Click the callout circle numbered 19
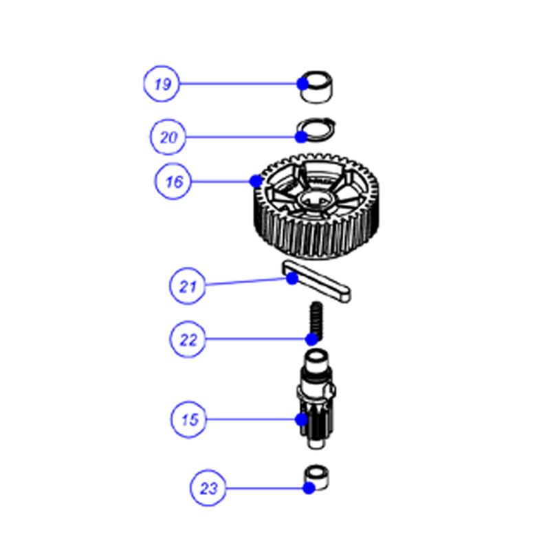click(x=162, y=84)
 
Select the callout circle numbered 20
click(x=168, y=137)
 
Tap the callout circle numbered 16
click(x=173, y=181)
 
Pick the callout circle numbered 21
click(x=187, y=286)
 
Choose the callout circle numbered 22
click(x=188, y=339)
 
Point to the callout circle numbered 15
click(x=189, y=419)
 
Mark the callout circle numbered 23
click(x=208, y=488)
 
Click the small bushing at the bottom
click(x=316, y=477)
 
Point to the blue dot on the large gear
click(x=256, y=181)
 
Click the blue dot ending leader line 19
click(x=302, y=84)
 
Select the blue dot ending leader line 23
click(x=309, y=488)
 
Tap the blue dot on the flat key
click(x=292, y=278)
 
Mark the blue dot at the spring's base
click(x=312, y=339)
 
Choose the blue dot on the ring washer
click(x=301, y=137)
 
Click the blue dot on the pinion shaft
click(x=302, y=419)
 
